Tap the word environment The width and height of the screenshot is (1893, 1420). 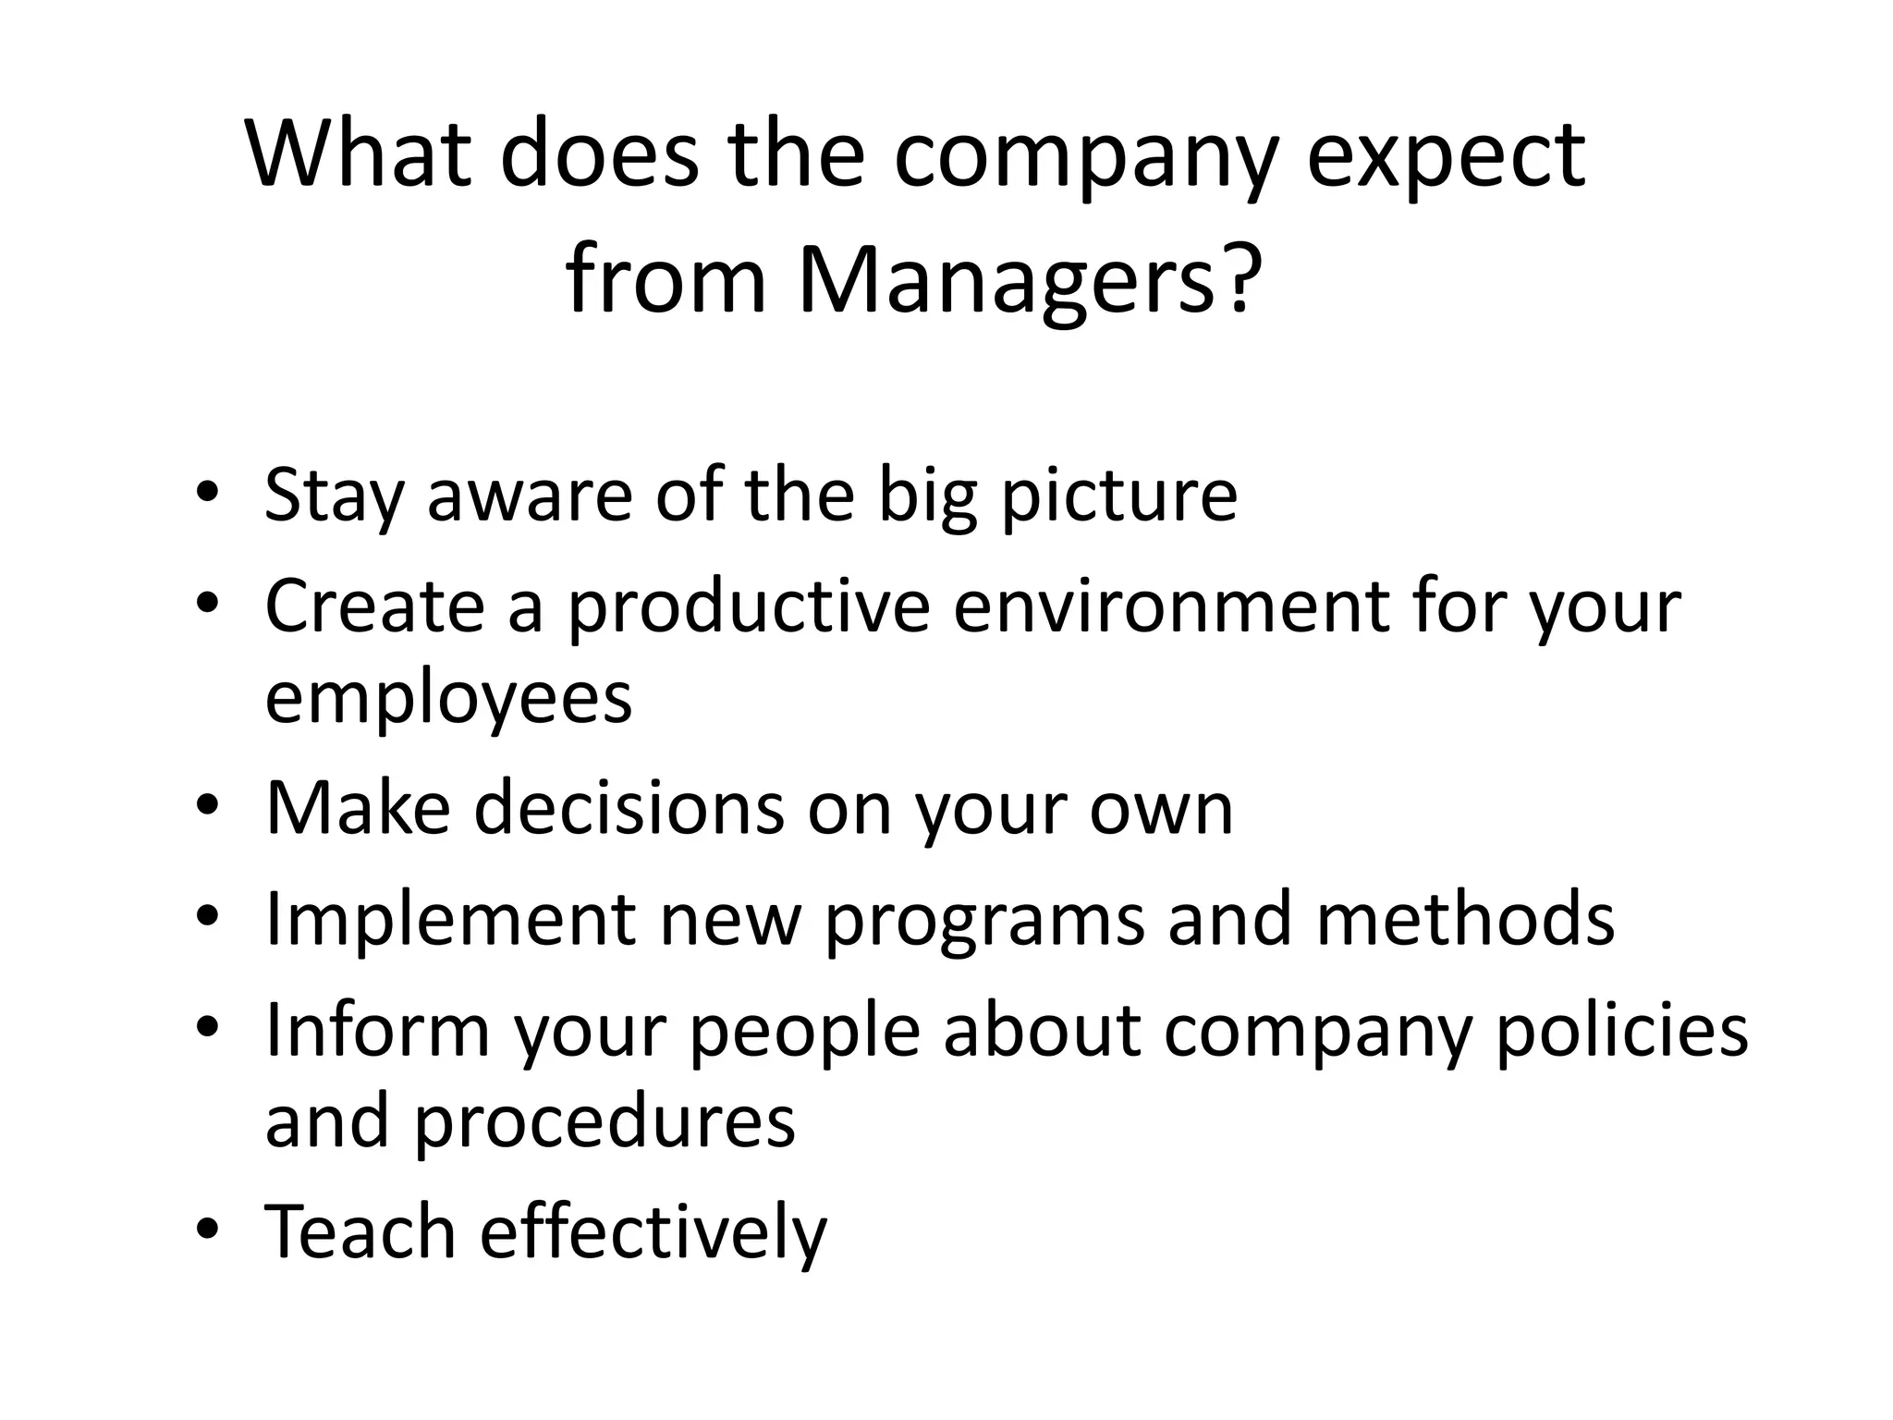[x=1171, y=607]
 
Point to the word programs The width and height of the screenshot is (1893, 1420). [x=983, y=921]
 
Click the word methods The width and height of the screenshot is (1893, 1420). [x=1465, y=919]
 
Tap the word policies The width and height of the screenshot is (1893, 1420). [x=1621, y=1031]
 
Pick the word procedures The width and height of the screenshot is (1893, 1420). [x=604, y=1121]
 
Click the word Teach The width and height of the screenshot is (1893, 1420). [x=360, y=1231]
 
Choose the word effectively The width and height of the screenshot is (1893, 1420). [x=653, y=1231]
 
